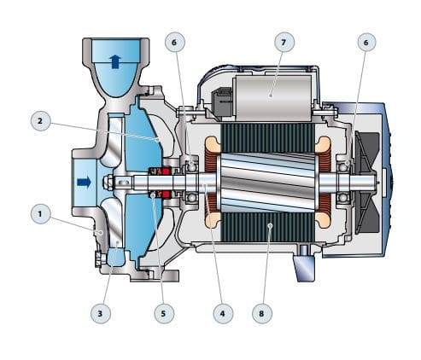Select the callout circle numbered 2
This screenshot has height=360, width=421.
pos(38,121)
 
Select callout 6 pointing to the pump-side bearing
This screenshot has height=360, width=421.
pos(175,41)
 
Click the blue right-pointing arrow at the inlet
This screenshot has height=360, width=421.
pos(84,182)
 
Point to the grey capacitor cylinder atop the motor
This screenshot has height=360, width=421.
pos(269,87)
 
